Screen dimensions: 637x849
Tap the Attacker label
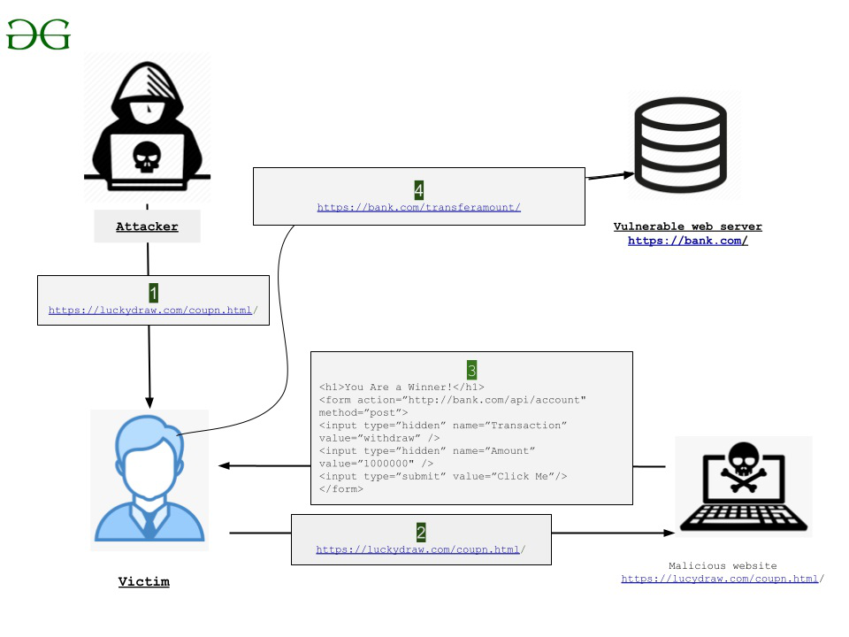coord(147,226)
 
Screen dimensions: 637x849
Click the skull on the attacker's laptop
coord(147,157)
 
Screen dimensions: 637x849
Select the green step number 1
coord(153,291)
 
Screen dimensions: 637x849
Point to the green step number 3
coord(472,368)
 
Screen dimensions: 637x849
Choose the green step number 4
coord(419,189)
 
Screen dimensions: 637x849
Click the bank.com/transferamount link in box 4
coord(418,207)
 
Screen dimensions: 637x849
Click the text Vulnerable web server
coord(687,226)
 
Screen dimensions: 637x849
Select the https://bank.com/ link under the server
coord(687,241)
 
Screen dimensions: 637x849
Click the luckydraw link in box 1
coord(151,310)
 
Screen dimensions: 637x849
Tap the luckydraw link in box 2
coord(418,549)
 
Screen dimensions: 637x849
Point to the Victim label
coord(143,581)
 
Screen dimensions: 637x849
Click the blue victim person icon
coord(149,478)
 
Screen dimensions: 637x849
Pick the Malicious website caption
coord(722,565)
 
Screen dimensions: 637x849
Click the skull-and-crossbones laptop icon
coord(742,486)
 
